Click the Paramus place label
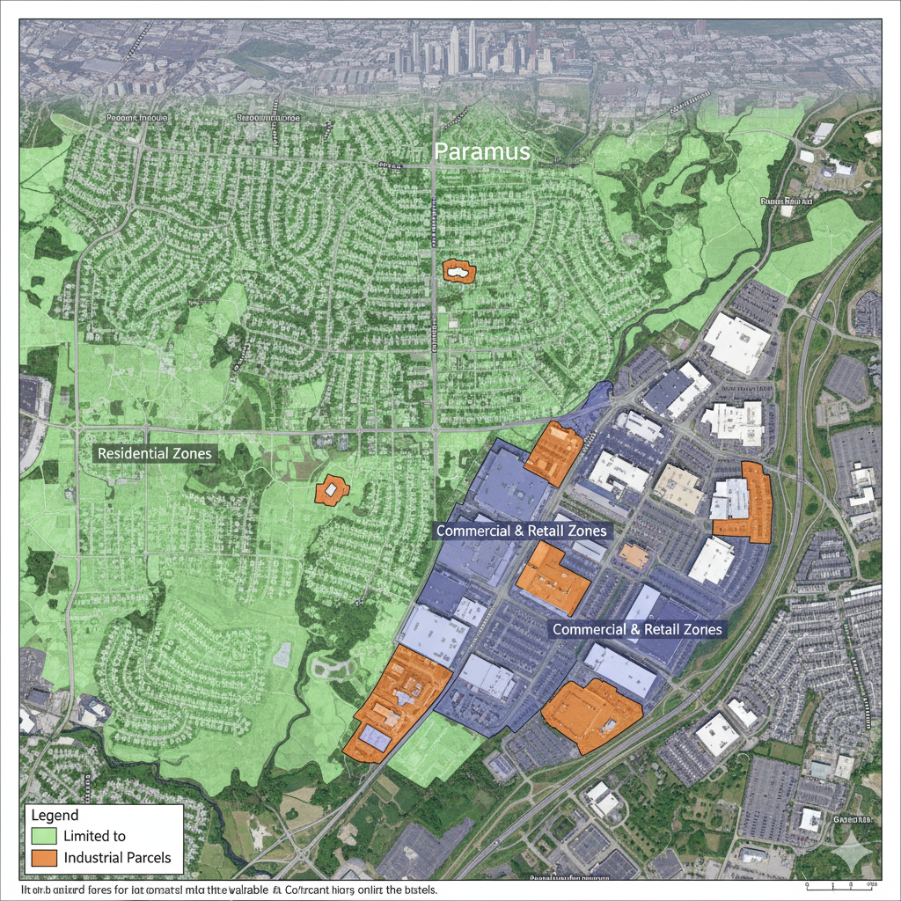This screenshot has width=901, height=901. pos(482,151)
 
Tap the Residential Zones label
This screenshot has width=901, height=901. pos(155,453)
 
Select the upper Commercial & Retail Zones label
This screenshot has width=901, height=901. pos(521,531)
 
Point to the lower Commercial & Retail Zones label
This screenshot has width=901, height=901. pos(637,629)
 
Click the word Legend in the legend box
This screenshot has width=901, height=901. pos(55,815)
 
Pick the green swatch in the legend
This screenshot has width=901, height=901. pos(43,836)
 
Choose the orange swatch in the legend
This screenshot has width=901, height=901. pos(43,857)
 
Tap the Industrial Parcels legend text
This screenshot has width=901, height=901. pos(118,857)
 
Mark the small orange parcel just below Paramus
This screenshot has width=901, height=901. pos(458,271)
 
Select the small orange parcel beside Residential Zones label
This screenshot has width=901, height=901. pos(330,489)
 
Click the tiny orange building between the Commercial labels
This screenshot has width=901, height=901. pos(634,555)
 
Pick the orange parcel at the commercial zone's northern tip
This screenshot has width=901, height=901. pos(554,452)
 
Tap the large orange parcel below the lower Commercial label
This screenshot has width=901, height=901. pos(591,714)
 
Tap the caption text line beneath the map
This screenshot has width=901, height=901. pos(229,890)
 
